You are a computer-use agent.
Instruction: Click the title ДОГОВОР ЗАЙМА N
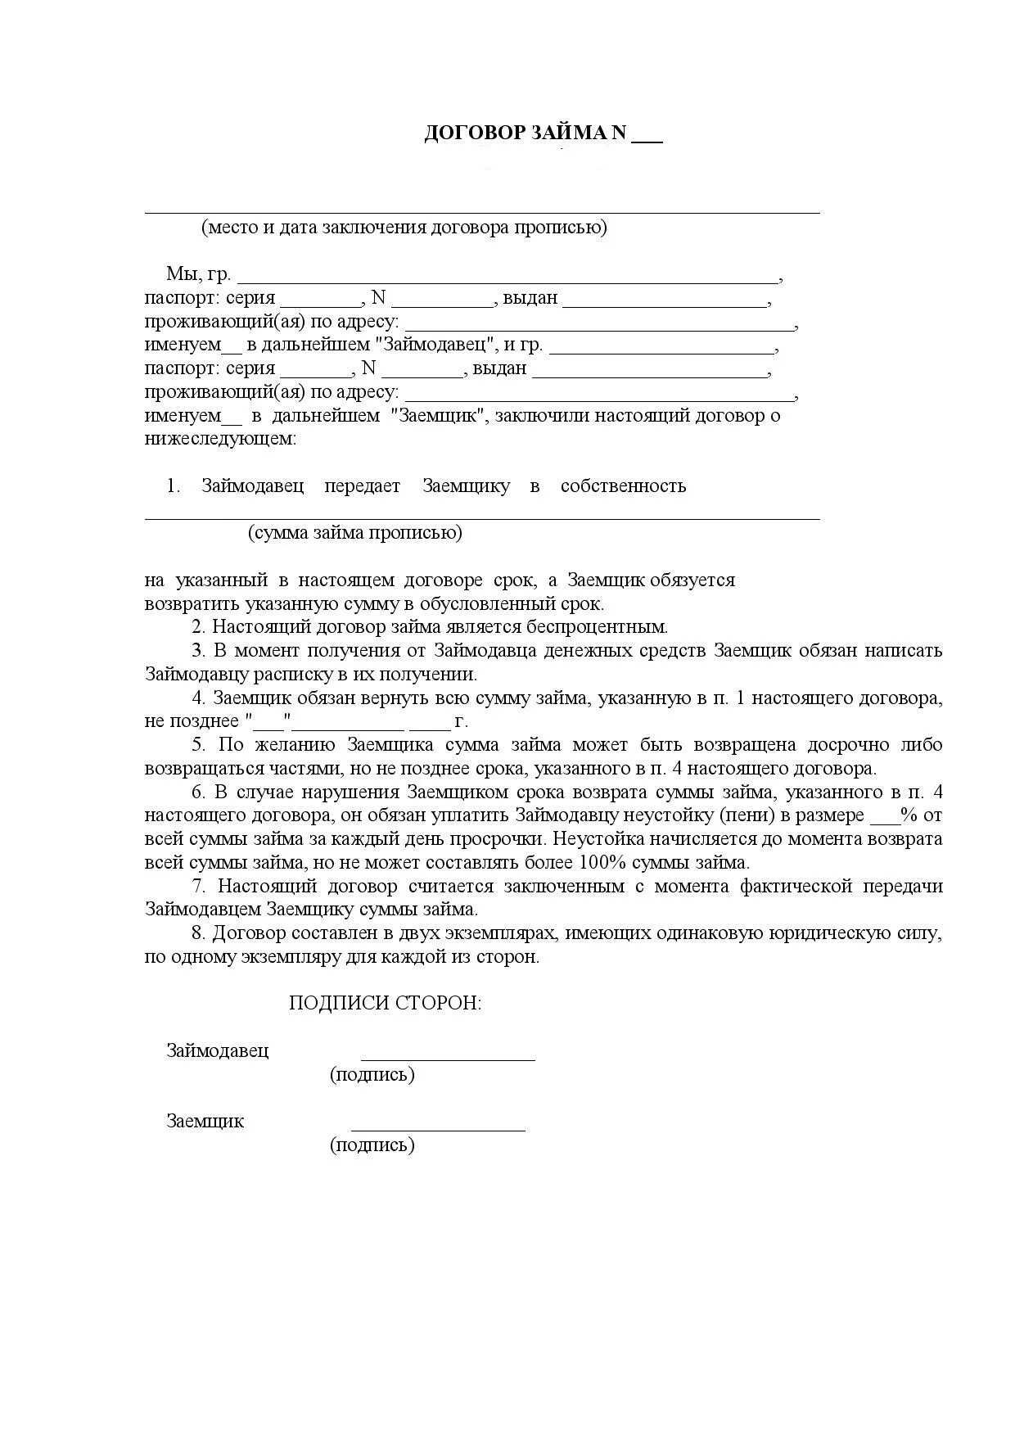click(x=525, y=133)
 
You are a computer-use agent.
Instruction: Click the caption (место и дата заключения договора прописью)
click(x=404, y=228)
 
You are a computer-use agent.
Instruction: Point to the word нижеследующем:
click(x=220, y=439)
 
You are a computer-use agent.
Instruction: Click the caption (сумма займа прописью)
click(x=355, y=533)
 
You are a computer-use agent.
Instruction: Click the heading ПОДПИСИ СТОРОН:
click(x=386, y=1004)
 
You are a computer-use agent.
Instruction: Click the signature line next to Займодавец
click(x=448, y=1059)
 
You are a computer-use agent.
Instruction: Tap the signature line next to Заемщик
click(x=438, y=1129)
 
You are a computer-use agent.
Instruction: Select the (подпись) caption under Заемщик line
click(x=372, y=1145)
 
